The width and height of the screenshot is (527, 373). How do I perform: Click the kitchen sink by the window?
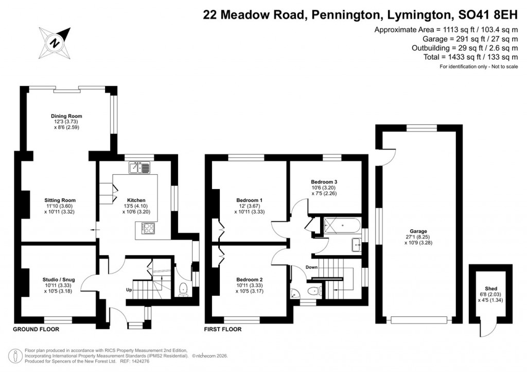point(139,167)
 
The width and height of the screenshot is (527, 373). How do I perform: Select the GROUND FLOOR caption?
point(36,329)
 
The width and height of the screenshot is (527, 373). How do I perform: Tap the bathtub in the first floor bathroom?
point(341,225)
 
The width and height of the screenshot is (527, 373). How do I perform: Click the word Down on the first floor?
point(311,267)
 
